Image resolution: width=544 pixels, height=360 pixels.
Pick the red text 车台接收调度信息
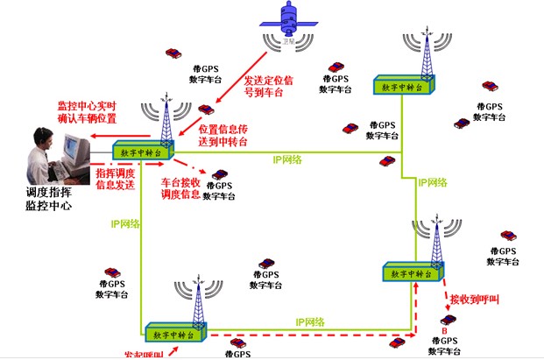tap(182, 188)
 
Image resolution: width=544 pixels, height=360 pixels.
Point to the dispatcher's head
tap(39, 138)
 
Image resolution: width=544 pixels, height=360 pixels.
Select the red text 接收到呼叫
tap(473, 300)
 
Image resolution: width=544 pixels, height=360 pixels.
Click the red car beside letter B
tap(447, 320)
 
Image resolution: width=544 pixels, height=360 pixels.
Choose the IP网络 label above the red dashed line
tap(312, 322)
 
